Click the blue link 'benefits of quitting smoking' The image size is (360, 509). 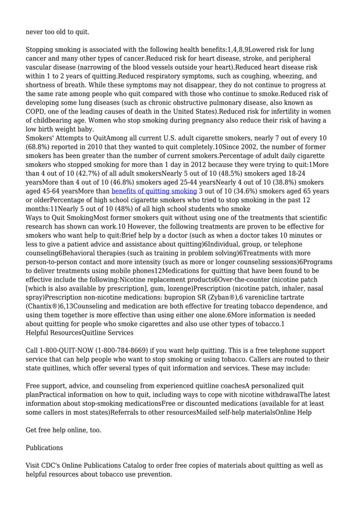[154, 191]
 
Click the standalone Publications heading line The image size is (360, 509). [45, 447]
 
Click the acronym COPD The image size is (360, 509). [37, 112]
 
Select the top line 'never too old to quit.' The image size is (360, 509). [58, 32]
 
